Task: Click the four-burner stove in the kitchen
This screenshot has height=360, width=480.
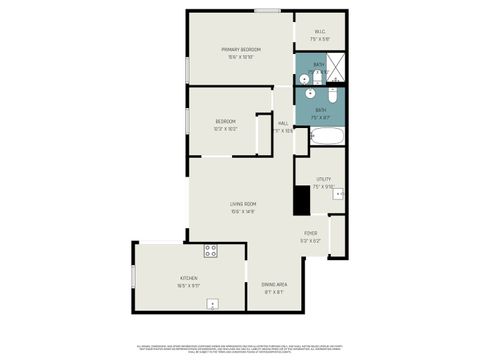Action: pyautogui.click(x=211, y=250)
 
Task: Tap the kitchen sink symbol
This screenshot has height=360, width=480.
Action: pyautogui.click(x=212, y=303)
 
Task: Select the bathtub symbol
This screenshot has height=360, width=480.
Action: pyautogui.click(x=326, y=137)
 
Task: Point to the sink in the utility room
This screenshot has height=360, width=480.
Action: pyautogui.click(x=337, y=194)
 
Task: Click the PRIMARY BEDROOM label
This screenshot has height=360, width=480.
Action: pyautogui.click(x=241, y=49)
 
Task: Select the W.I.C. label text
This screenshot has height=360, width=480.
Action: pyautogui.click(x=320, y=32)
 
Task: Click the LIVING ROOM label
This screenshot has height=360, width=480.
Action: pyautogui.click(x=243, y=204)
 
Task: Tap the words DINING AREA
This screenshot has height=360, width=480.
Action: pyautogui.click(x=275, y=285)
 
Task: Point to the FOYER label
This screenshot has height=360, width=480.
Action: pyautogui.click(x=311, y=233)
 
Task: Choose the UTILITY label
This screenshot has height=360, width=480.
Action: pyautogui.click(x=323, y=179)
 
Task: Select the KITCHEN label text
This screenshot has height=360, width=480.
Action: pyautogui.click(x=189, y=277)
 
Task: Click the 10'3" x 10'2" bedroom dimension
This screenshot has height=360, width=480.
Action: pyautogui.click(x=225, y=129)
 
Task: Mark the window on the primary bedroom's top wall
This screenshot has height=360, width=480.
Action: pyautogui.click(x=266, y=11)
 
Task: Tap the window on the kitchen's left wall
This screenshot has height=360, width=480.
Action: pyautogui.click(x=133, y=274)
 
